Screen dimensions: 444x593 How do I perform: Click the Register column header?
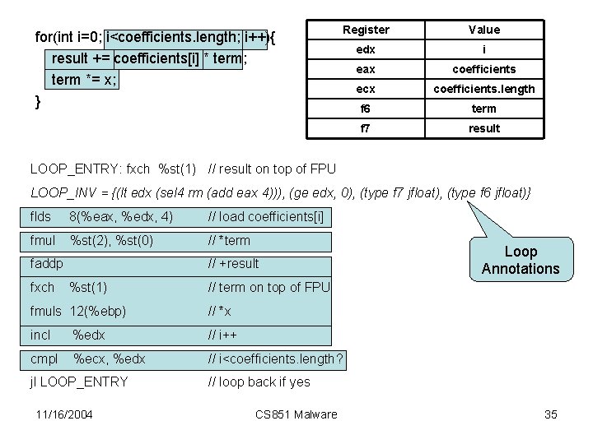(366, 30)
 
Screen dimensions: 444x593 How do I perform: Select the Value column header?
(484, 30)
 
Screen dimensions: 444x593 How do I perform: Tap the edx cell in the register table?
(366, 49)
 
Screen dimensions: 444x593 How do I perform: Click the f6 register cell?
(366, 109)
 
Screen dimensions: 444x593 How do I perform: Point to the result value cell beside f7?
(484, 128)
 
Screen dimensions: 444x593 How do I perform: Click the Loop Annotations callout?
(520, 260)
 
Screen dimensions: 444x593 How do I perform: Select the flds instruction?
(40, 217)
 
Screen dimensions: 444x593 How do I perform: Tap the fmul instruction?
(42, 240)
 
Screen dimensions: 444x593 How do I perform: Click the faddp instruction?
(46, 263)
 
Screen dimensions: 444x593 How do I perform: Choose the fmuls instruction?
(45, 311)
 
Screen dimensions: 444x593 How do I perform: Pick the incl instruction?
(40, 335)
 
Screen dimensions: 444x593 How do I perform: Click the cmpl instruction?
(44, 358)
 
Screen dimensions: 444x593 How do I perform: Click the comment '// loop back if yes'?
(259, 382)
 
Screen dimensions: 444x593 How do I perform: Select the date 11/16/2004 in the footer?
(64, 414)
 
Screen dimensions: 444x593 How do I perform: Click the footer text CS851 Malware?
(296, 414)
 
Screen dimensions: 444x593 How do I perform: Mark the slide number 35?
(551, 414)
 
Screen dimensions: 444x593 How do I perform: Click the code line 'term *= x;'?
(85, 80)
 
